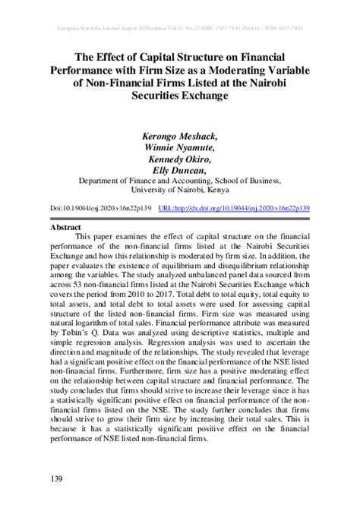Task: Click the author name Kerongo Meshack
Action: tap(179, 137)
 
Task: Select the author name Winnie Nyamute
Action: tap(179, 148)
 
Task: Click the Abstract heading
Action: tap(65, 227)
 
